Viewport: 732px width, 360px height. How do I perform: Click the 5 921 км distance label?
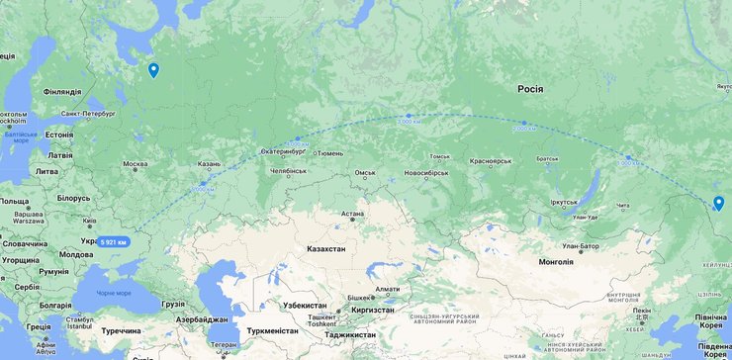point(115,241)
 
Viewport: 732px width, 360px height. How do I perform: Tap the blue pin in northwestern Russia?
point(153,70)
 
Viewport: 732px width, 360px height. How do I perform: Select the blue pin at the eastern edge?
point(718,203)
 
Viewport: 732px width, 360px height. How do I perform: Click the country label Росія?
point(529,89)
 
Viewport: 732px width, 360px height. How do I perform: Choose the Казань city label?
point(208,164)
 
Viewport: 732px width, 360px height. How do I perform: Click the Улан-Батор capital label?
point(582,245)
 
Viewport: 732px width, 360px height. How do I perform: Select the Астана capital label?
point(353,214)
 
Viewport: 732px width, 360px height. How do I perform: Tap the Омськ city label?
point(365,173)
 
